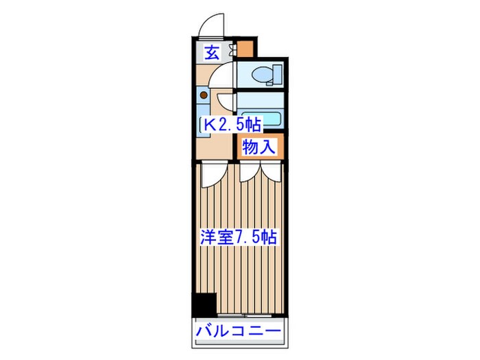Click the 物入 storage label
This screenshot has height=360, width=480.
point(260,147)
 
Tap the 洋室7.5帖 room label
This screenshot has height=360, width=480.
point(239,237)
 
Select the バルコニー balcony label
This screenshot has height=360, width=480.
point(238,331)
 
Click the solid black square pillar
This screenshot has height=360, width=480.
point(204,304)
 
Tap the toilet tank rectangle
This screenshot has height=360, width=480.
point(277,75)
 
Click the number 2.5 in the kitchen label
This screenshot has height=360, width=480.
point(230,125)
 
